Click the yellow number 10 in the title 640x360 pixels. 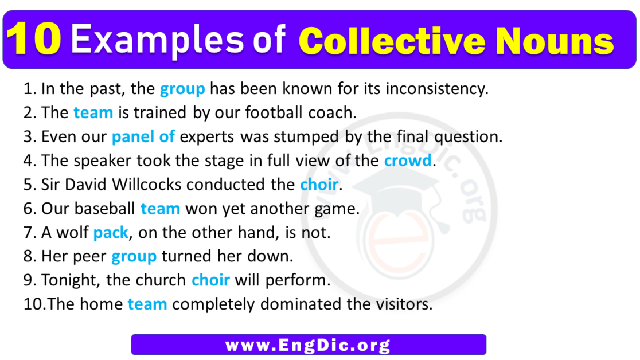click(x=37, y=40)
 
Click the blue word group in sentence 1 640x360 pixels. click(x=182, y=89)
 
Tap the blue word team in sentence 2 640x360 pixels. click(x=93, y=113)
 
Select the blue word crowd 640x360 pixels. click(x=407, y=161)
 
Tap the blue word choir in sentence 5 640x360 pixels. click(x=319, y=185)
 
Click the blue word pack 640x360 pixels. click(x=110, y=233)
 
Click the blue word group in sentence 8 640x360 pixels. click(x=134, y=257)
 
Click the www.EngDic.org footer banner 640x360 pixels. click(x=309, y=345)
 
